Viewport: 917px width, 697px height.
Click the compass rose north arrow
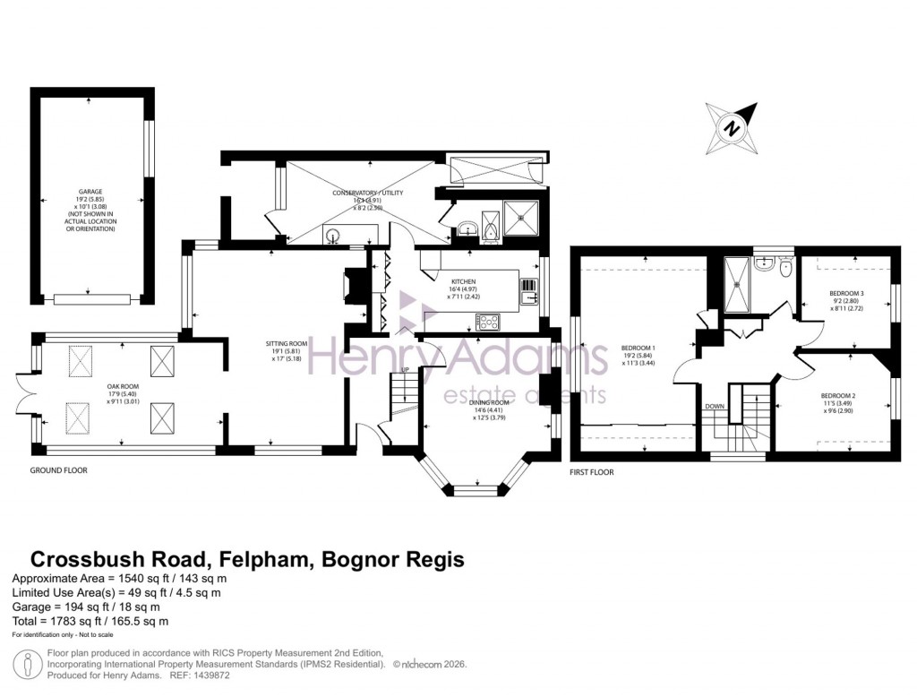(x=733, y=128)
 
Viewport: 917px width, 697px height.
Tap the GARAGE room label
(x=90, y=192)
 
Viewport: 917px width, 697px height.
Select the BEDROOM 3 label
(x=846, y=294)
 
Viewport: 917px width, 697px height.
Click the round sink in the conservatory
(x=334, y=237)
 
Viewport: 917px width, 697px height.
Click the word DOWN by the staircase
(x=715, y=406)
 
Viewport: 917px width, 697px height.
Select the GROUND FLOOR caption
(x=59, y=469)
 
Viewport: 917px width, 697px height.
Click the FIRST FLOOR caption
(x=591, y=471)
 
